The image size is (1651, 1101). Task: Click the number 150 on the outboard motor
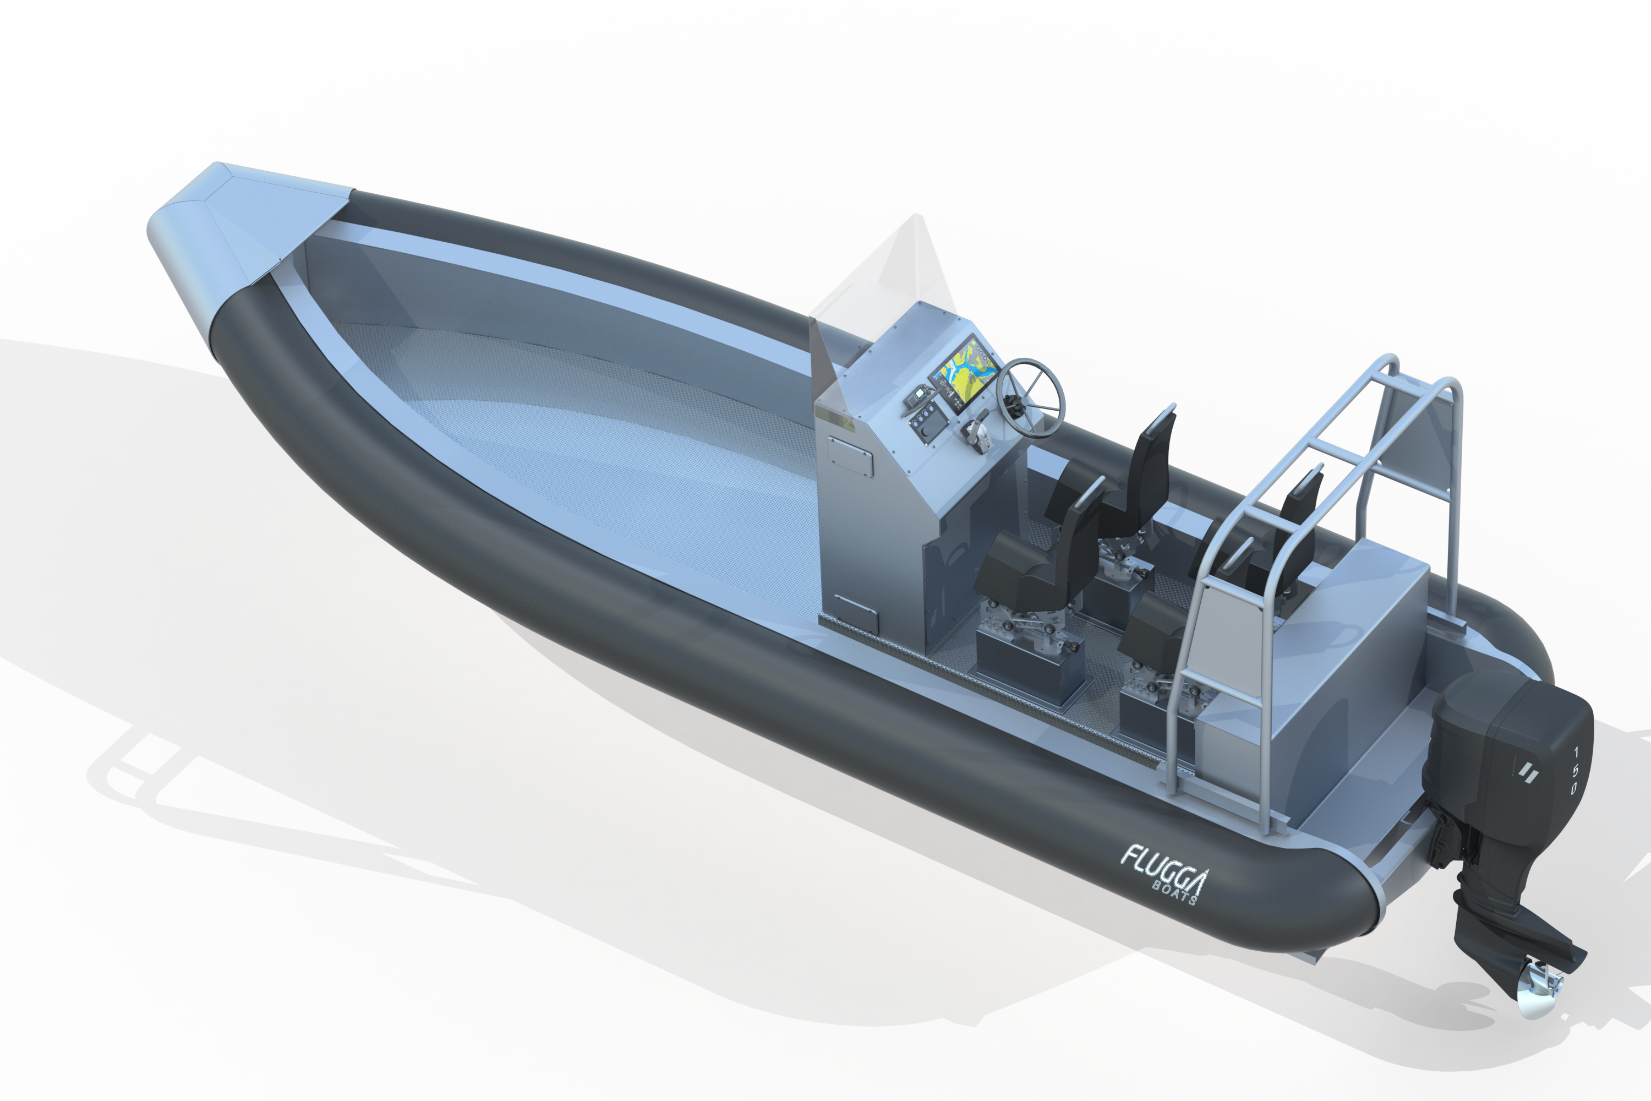[x=1574, y=772]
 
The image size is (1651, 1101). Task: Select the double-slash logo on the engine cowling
[x=1528, y=773]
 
